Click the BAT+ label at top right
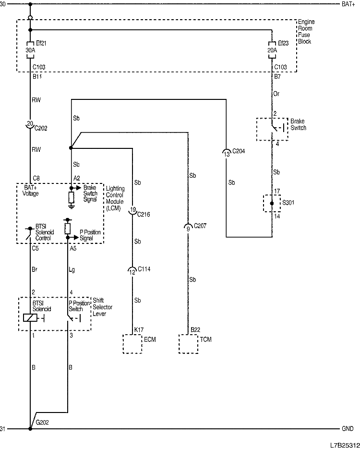[349, 4]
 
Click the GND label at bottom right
[348, 428]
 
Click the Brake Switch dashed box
[272, 128]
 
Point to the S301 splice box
[272, 203]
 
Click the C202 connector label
[42, 128]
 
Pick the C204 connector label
[238, 152]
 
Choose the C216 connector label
[144, 215]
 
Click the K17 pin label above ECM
[138, 329]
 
